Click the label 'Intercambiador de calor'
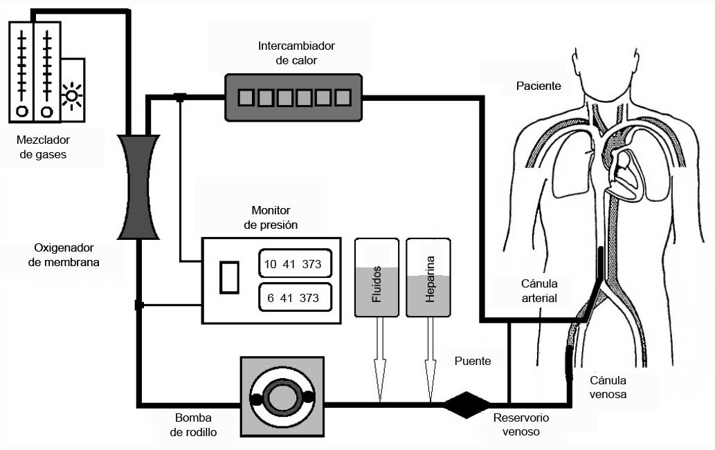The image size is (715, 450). click(296, 53)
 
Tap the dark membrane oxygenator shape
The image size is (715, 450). click(138, 187)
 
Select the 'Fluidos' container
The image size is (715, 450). click(377, 278)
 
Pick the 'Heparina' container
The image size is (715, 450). click(429, 278)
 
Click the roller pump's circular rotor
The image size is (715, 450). click(282, 397)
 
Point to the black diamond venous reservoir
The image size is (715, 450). click(467, 404)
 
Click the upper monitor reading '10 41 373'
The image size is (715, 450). click(294, 264)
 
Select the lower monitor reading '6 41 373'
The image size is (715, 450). click(294, 298)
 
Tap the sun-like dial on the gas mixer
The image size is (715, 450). click(71, 95)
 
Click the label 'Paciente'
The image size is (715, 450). click(538, 86)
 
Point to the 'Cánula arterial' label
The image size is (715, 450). click(539, 291)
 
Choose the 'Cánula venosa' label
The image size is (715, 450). click(608, 387)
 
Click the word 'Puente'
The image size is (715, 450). click(473, 361)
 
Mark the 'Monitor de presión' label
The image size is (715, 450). click(271, 217)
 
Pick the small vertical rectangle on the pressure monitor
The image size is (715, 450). click(229, 277)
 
